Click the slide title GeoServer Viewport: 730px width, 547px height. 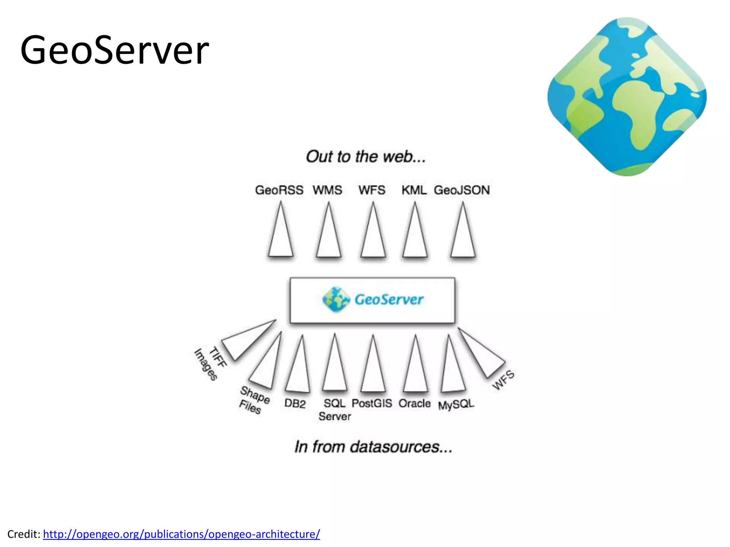pos(114,50)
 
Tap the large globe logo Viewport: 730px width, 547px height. pos(627,97)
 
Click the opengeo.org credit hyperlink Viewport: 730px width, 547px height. pos(181,534)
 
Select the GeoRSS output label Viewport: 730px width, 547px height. pos(279,190)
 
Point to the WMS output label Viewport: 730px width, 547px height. pos(327,190)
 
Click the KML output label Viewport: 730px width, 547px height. pos(414,190)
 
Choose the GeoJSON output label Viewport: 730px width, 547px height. pos(462,190)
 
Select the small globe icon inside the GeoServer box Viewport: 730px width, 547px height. pos(335,299)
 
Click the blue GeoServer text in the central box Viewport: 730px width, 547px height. pos(389,299)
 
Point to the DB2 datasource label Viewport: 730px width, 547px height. pos(295,404)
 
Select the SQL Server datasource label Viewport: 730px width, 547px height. pos(335,410)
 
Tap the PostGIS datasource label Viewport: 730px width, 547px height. pos(372,403)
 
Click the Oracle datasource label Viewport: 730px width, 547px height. pos(415,403)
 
